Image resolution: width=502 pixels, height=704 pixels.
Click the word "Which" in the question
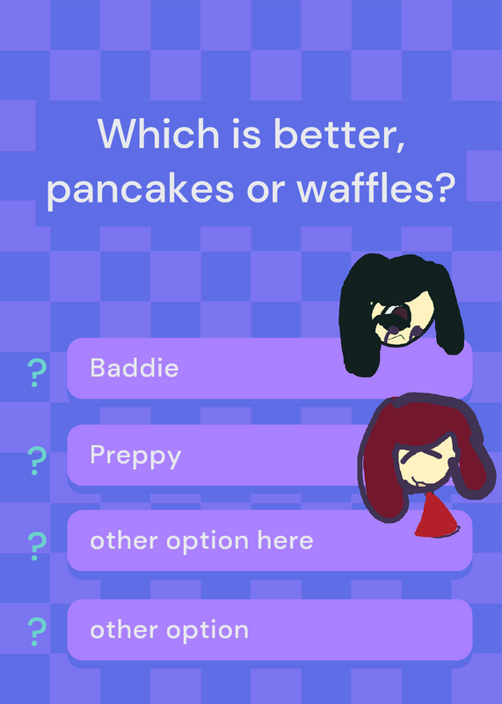(158, 134)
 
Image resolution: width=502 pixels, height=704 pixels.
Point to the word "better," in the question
(339, 135)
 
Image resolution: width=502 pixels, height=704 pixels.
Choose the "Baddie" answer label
(135, 368)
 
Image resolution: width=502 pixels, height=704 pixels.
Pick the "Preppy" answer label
(135, 457)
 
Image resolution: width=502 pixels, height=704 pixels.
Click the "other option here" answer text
(201, 540)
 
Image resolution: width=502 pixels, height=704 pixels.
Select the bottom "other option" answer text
(169, 630)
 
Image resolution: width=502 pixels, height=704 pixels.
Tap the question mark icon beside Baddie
(37, 373)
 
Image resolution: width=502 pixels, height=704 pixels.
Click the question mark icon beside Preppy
(37, 461)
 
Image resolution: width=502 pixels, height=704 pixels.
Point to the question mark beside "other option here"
(37, 546)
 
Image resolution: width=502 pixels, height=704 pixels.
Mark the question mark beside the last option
(37, 632)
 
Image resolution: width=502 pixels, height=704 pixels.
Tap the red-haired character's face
(425, 465)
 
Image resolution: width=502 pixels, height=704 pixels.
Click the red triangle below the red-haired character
(434, 516)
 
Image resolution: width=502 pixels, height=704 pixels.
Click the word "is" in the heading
(246, 135)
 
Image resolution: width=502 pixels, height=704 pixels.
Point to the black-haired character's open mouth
(398, 317)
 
